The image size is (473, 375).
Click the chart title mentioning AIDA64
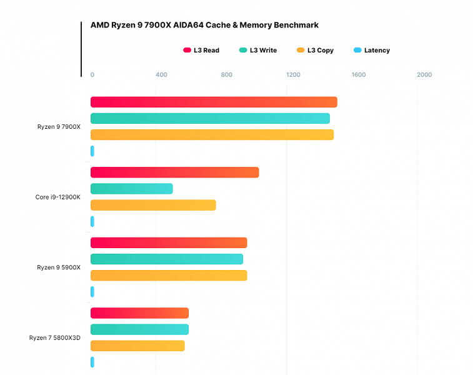point(204,26)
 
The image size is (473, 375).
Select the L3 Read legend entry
point(201,51)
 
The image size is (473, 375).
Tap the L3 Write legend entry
point(257,51)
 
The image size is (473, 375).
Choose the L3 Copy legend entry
point(315,51)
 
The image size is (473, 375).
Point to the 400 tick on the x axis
point(161,75)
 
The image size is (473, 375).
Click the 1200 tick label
point(293,75)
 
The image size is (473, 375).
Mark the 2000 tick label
point(424,75)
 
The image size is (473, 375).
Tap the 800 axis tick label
point(227,75)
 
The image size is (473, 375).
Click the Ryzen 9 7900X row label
point(59,127)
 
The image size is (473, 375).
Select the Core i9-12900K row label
point(58,197)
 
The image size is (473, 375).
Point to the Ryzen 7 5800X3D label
point(55,337)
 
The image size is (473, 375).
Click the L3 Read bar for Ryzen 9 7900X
point(214,102)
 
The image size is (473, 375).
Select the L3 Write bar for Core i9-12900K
point(131,189)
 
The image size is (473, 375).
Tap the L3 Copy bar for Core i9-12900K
point(153,205)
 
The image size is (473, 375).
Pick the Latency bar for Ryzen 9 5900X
point(92,291)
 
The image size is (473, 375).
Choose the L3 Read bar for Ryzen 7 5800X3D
point(139,313)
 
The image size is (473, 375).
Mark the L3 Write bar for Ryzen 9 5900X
point(167,259)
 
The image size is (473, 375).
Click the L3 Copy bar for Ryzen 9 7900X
point(212,134)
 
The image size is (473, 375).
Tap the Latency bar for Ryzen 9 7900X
point(92,151)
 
